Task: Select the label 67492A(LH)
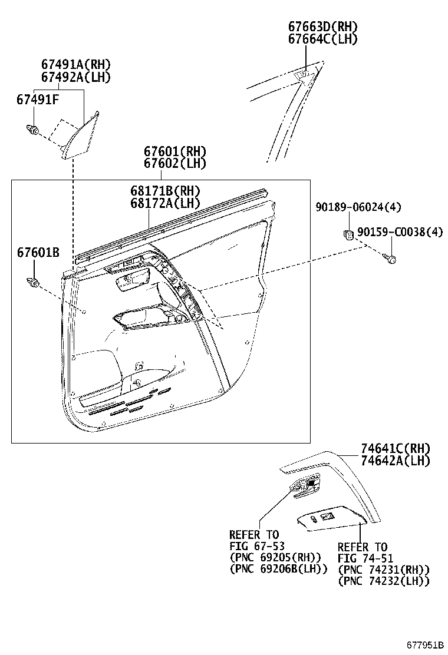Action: (76, 77)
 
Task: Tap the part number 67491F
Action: (38, 100)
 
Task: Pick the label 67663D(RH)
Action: (322, 27)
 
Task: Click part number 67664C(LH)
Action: (322, 39)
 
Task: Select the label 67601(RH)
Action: (175, 152)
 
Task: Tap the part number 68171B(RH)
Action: (165, 191)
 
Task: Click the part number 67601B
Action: (38, 253)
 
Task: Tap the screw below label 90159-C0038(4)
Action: (391, 258)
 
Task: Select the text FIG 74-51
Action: (365, 558)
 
